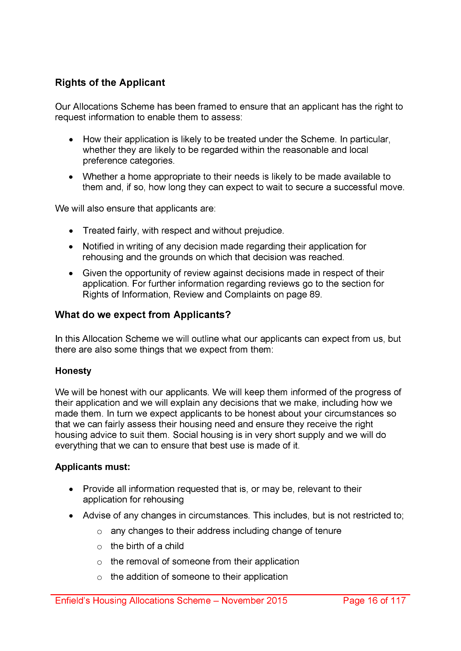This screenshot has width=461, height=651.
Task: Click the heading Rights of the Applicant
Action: click(x=110, y=83)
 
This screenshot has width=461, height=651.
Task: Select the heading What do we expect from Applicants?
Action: click(x=143, y=315)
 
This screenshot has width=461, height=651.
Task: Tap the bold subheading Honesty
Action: click(x=73, y=371)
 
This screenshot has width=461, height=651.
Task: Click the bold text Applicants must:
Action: click(x=93, y=467)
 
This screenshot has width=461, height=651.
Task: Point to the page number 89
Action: click(x=315, y=294)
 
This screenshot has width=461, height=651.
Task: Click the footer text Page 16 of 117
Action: click(x=374, y=600)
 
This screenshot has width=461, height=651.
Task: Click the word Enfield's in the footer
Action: click(x=73, y=600)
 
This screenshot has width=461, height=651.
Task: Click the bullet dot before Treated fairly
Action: click(x=71, y=231)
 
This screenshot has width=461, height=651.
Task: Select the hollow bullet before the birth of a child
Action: click(x=99, y=547)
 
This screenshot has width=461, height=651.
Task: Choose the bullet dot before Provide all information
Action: click(x=71, y=489)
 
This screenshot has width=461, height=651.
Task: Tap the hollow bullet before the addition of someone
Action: click(x=99, y=578)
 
